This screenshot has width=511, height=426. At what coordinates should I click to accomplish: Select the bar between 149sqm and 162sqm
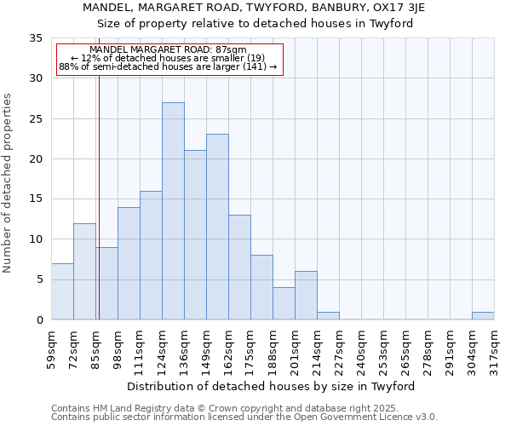click(217, 227)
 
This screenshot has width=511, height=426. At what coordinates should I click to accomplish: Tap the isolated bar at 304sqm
click(483, 316)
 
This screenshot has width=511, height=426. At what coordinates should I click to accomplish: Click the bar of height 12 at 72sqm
click(84, 272)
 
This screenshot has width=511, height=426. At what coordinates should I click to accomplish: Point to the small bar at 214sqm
click(328, 316)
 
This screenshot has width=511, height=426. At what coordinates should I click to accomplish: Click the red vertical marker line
click(99, 196)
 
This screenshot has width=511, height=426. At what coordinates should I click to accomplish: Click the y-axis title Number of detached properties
click(8, 183)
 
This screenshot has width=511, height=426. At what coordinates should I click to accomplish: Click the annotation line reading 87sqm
click(168, 50)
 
